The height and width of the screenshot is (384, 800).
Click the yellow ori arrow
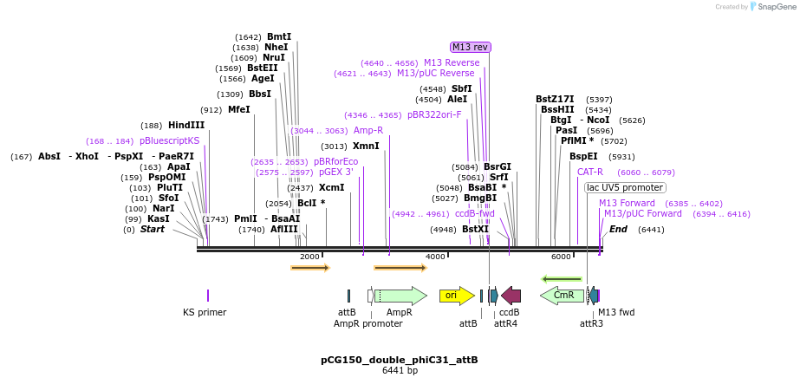pos(456,296)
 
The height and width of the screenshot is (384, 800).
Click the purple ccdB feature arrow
pos(511,296)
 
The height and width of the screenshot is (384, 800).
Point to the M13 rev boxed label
pos(470,47)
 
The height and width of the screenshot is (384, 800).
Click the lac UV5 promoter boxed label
pos(625,187)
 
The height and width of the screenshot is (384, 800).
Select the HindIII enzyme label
pos(186,125)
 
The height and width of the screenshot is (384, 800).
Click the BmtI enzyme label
pos(279,36)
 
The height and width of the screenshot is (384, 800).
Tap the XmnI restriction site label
pos(366,146)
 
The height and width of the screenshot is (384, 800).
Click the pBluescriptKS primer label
pos(169,140)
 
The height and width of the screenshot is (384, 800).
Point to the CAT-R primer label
pos(590,172)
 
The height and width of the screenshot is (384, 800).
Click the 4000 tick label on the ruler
pos(435,257)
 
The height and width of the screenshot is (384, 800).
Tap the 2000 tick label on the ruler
pos(309,257)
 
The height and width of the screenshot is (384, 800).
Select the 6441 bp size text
pos(400,371)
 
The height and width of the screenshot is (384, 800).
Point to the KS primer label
pos(205,312)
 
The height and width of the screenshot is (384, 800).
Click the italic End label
pos(618,229)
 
